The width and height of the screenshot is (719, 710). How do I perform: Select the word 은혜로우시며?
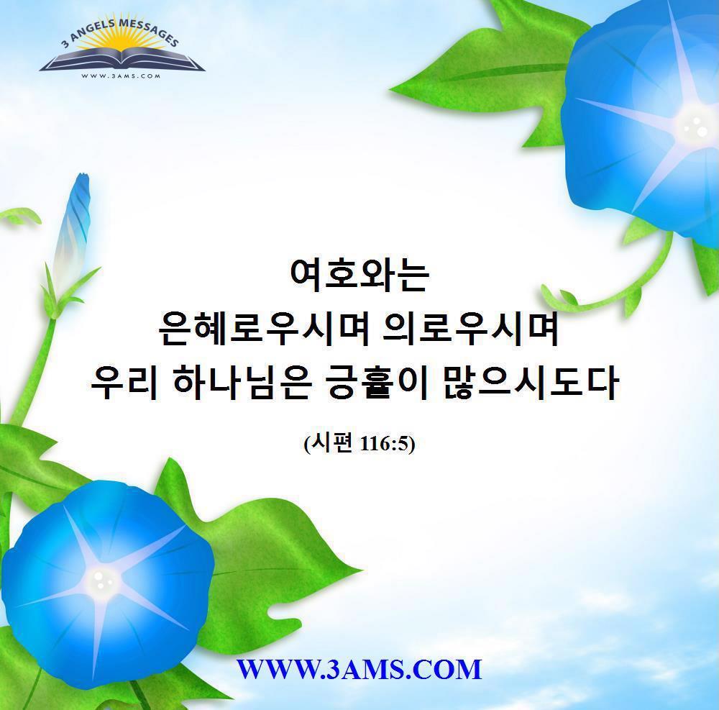[264, 329]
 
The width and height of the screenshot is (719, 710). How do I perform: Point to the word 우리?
[124, 383]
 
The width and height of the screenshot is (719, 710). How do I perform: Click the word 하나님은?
[242, 383]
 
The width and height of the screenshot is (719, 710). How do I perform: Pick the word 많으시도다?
[531, 383]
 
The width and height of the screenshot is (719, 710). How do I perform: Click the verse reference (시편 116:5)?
[359, 444]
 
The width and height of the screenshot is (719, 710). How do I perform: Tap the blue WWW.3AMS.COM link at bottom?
[359, 669]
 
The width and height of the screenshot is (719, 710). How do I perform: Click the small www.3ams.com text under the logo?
[121, 76]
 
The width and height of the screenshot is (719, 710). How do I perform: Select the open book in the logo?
[122, 60]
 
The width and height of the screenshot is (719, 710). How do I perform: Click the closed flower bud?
[71, 229]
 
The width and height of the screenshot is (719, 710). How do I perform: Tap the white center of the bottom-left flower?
[99, 580]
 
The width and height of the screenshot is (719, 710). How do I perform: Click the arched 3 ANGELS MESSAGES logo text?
[120, 31]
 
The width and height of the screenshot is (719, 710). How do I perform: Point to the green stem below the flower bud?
[35, 367]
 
